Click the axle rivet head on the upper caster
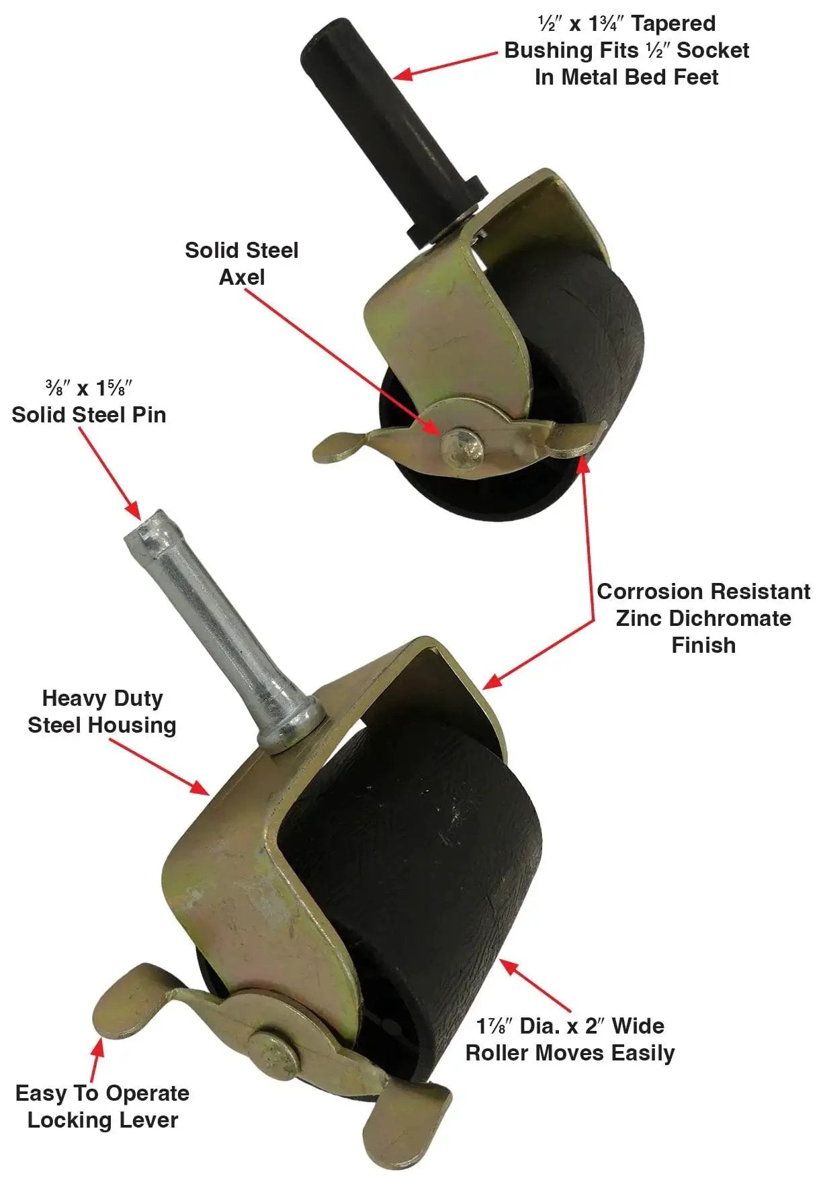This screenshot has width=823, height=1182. pyautogui.click(x=462, y=445)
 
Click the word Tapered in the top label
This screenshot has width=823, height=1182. pyautogui.click(x=674, y=24)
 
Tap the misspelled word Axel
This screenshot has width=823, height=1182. pyautogui.click(x=242, y=277)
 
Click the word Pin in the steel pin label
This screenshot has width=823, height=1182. pyautogui.click(x=148, y=414)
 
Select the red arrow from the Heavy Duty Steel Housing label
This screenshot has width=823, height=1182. pyautogui.click(x=159, y=768)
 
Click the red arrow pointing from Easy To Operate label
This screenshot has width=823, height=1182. pyautogui.click(x=97, y=1060)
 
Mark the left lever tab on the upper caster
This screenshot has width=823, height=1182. pyautogui.click(x=343, y=447)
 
